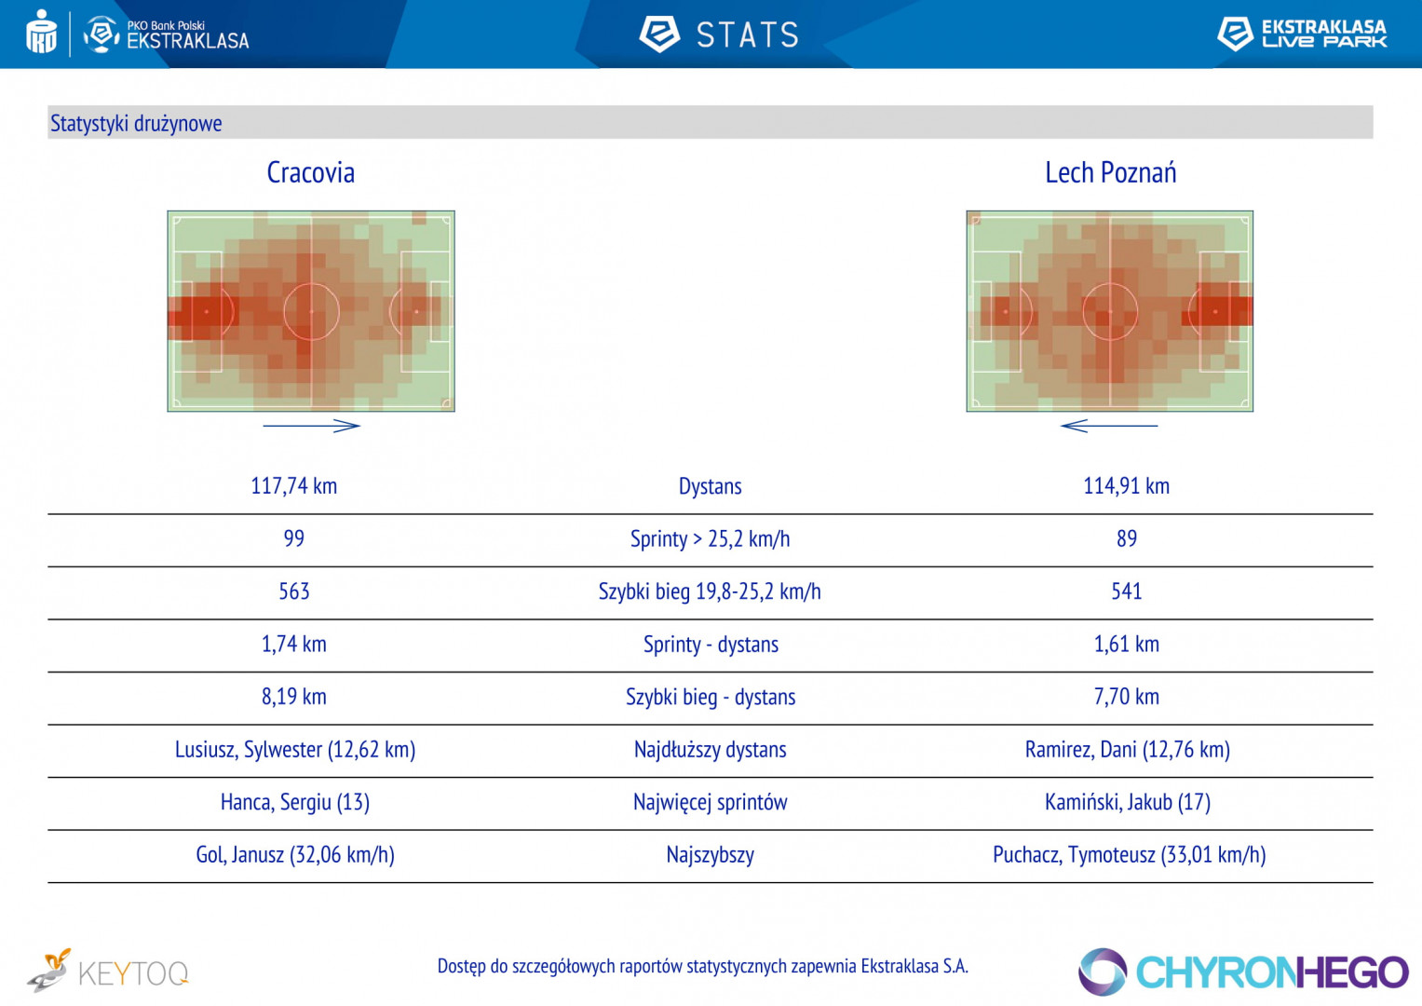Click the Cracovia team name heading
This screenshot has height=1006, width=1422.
[x=310, y=172]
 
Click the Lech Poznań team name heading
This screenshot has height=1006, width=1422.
[x=1110, y=172]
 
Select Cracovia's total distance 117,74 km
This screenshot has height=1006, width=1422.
[x=293, y=485]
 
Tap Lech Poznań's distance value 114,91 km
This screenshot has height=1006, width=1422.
[x=1126, y=485]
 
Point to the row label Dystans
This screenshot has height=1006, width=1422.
[x=710, y=486]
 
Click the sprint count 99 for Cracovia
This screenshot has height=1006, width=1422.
[x=293, y=538]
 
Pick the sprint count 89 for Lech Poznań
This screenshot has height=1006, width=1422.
[x=1126, y=538]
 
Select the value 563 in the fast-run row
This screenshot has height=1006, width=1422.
[x=293, y=591]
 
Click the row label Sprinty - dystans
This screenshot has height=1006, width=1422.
[x=710, y=645]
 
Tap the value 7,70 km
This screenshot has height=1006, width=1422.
[x=1126, y=697]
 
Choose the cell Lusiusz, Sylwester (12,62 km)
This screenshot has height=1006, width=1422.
[x=294, y=750]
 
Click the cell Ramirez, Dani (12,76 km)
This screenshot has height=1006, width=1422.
[x=1127, y=750]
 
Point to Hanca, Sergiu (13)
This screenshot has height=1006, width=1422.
[x=294, y=802]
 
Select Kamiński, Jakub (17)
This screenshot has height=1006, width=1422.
[x=1127, y=802]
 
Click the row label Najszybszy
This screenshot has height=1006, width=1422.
[x=710, y=855]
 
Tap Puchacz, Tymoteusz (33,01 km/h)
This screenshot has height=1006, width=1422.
[x=1129, y=855]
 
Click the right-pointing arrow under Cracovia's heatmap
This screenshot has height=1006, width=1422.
[x=311, y=426]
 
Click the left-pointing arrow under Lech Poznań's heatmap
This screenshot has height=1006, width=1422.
[x=1108, y=426]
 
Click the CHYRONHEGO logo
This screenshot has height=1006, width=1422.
[x=1243, y=972]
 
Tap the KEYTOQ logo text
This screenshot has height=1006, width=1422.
[x=132, y=973]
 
